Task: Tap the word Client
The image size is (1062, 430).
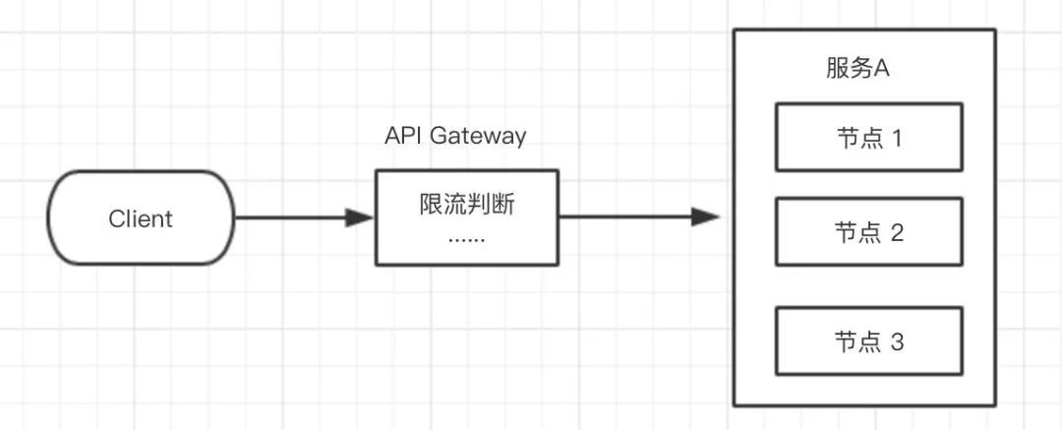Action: point(141,219)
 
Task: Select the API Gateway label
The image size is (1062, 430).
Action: point(455,137)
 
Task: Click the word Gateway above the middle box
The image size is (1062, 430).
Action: point(478,137)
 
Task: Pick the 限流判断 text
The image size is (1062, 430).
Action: point(467,204)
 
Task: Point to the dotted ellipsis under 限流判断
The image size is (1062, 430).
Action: point(467,241)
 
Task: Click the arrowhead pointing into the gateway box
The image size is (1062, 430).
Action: point(359,217)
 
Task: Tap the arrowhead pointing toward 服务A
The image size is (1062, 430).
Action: point(705,217)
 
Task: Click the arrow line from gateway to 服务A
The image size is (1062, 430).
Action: point(639,217)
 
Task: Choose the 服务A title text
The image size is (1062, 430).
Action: point(857,69)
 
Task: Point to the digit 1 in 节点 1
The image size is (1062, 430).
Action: point(897,139)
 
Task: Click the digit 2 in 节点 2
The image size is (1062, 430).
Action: point(897,233)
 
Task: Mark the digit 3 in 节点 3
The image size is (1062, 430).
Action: point(897,342)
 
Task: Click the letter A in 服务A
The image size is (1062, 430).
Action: point(881,69)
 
